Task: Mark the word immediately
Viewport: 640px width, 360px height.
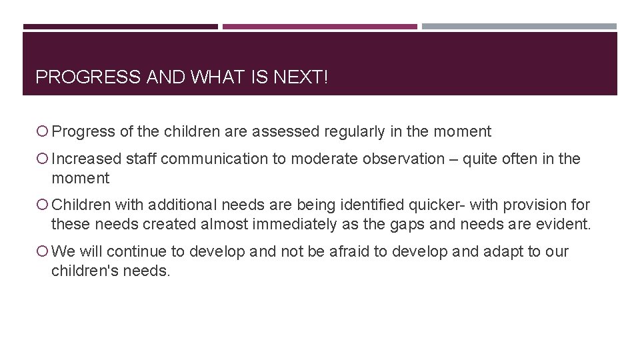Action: click(296, 225)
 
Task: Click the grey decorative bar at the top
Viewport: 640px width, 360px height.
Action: click(519, 27)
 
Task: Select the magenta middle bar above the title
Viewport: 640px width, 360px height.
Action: click(319, 27)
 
